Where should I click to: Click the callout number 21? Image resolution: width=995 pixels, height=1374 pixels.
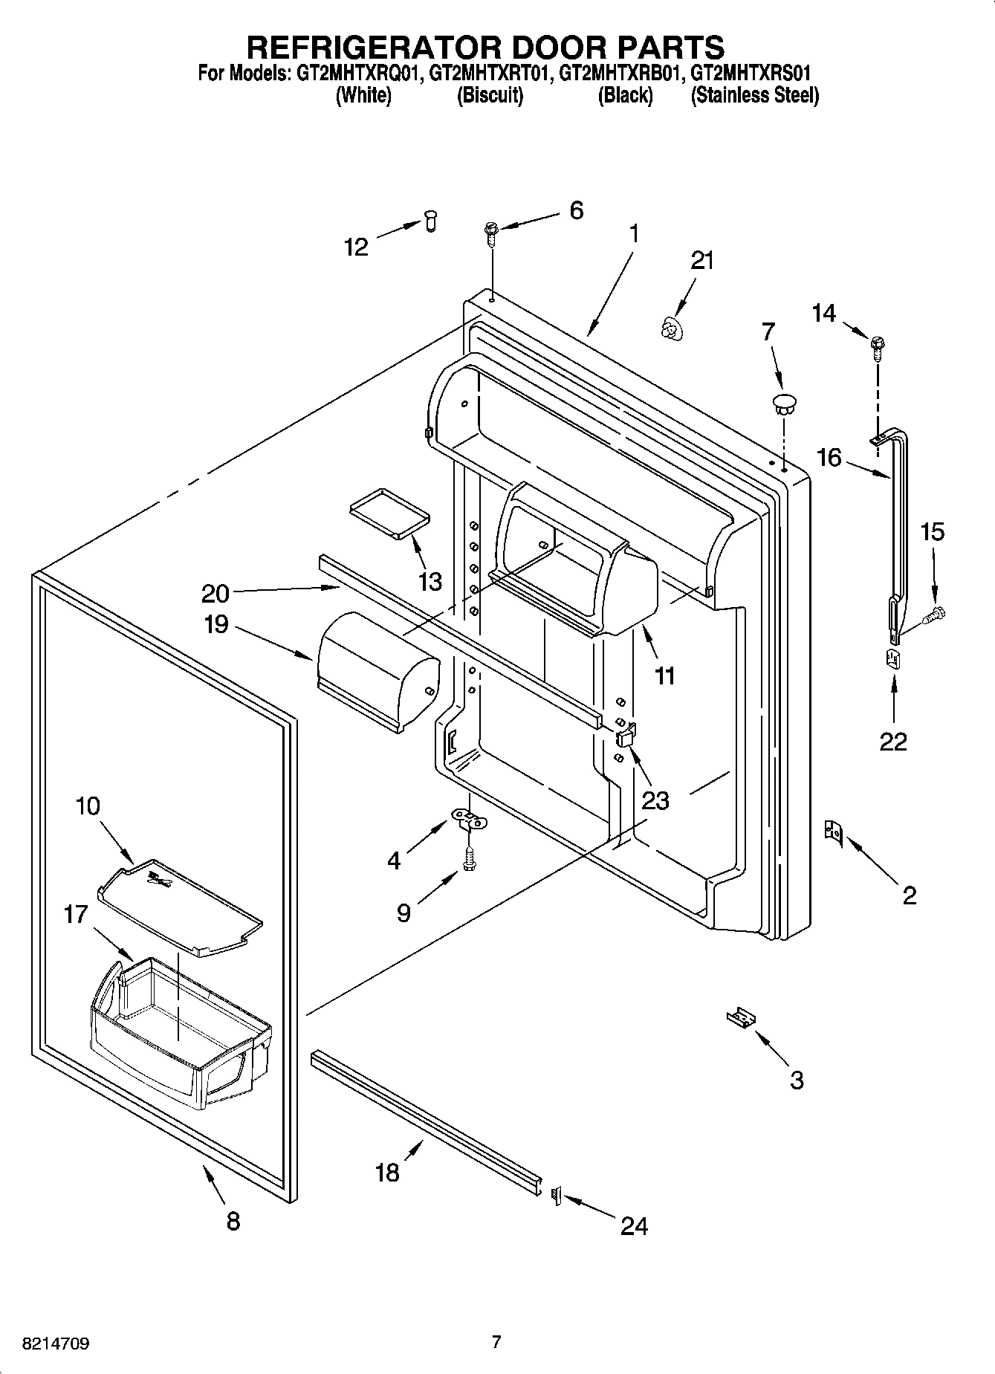pyautogui.click(x=702, y=261)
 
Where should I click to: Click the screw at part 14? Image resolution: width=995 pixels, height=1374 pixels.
pyautogui.click(x=878, y=346)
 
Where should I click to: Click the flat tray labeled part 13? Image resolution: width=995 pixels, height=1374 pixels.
pyautogui.click(x=390, y=512)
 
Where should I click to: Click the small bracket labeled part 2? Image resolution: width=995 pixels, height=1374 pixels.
pyautogui.click(x=832, y=833)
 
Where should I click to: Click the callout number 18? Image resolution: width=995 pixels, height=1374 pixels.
pyautogui.click(x=388, y=1173)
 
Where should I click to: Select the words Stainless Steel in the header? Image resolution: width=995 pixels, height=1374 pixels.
pyautogui.click(x=755, y=96)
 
